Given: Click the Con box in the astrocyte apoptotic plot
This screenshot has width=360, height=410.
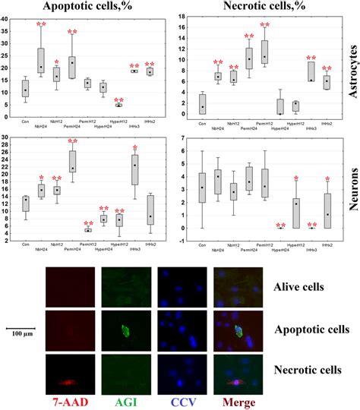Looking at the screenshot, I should (x=26, y=90).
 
